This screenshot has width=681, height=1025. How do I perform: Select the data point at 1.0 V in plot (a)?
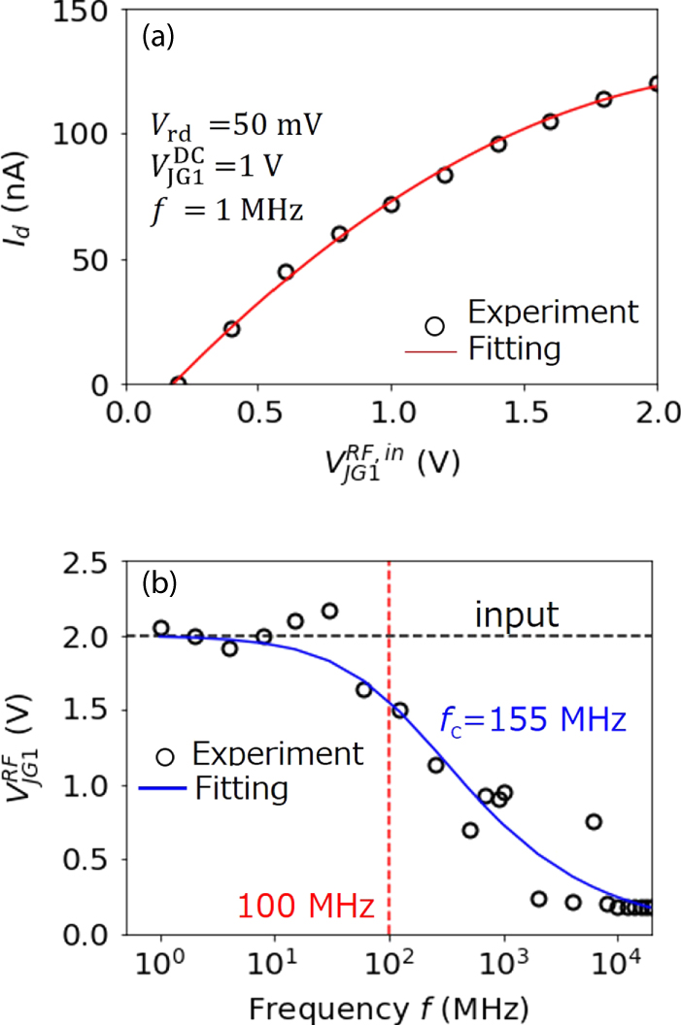(x=392, y=204)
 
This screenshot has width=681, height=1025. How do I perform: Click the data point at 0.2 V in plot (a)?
(x=178, y=383)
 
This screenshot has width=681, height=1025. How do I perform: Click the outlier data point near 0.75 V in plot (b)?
(x=594, y=821)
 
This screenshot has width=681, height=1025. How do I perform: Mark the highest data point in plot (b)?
(x=329, y=611)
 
